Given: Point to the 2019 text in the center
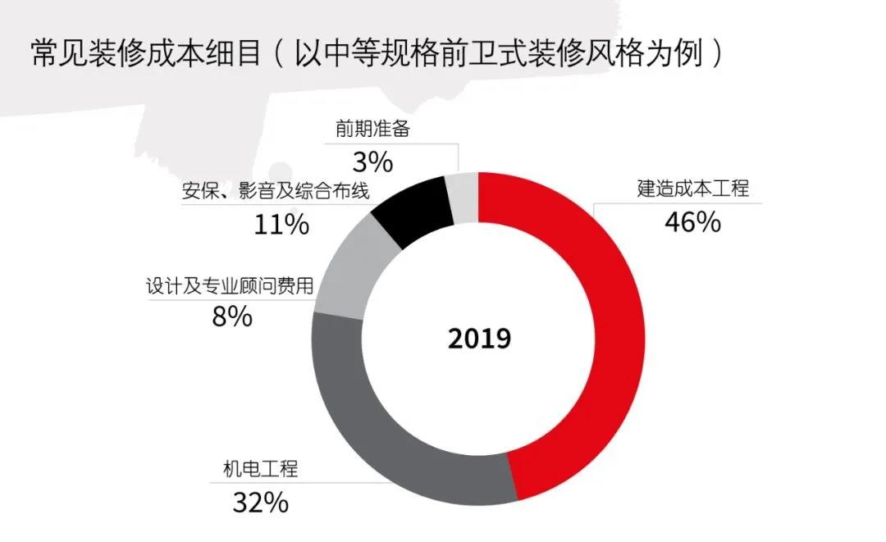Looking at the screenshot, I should [x=479, y=339].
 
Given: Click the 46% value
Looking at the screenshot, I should [x=692, y=221].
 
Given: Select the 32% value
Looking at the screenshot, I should [x=260, y=502].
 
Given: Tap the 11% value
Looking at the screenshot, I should [x=281, y=224].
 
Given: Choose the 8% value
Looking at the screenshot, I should [x=232, y=317].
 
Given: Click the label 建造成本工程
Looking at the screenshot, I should [x=693, y=189].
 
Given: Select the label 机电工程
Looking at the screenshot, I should [x=261, y=470].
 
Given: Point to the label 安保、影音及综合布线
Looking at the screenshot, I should [x=275, y=192].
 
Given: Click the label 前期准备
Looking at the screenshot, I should [x=372, y=129].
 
